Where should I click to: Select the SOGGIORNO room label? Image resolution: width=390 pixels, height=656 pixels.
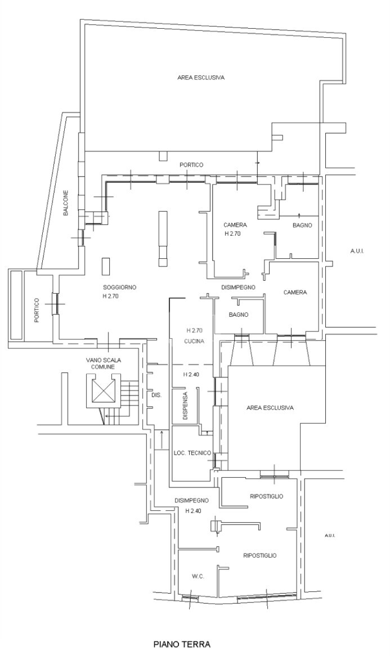pos(119,287)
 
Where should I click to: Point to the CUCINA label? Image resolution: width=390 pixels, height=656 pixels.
pos(193,342)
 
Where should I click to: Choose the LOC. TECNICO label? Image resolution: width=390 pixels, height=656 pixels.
pos(192,453)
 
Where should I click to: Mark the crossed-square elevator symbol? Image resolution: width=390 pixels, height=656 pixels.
pos(103,390)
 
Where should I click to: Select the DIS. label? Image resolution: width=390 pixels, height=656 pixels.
pos(156,395)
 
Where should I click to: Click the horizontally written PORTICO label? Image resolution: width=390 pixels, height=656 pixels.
pos(191,165)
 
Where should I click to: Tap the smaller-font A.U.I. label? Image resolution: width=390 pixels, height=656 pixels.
pos(330,536)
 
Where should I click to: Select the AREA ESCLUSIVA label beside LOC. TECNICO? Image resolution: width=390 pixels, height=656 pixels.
pos(270,408)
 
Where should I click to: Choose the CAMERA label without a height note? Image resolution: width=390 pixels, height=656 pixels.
pos(295,292)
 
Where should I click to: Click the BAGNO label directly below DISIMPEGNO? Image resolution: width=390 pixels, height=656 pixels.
pos(239,315)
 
